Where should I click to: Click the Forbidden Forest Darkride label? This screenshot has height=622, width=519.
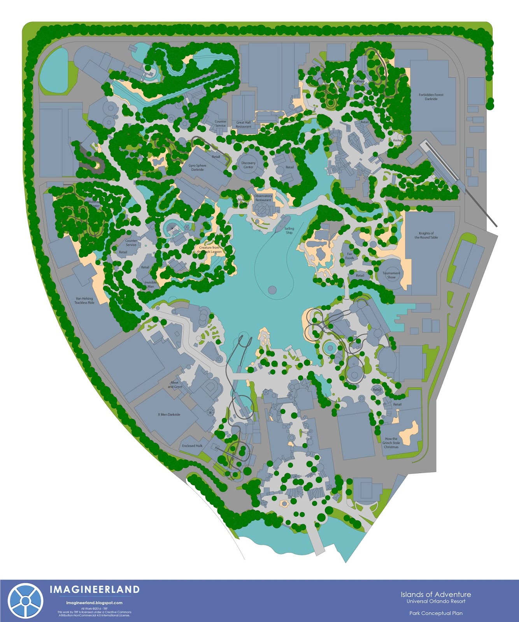click(431, 97)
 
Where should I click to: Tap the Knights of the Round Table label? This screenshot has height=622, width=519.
click(426, 235)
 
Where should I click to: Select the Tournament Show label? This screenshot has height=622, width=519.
click(391, 275)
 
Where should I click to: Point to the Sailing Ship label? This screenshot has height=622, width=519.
click(289, 231)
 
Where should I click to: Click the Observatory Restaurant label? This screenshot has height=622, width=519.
click(263, 198)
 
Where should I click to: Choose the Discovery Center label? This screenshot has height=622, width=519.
click(248, 165)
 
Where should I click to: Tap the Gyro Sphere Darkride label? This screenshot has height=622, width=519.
click(198, 168)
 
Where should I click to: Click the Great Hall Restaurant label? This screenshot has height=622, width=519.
click(244, 124)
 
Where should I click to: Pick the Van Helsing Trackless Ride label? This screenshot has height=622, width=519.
click(84, 301)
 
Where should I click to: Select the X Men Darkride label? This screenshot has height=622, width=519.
click(169, 414)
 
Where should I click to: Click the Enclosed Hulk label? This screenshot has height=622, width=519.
click(192, 446)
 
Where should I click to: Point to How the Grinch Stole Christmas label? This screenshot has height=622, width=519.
click(391, 443)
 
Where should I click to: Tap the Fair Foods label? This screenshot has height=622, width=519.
click(350, 256)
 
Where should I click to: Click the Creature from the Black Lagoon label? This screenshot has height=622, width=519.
click(209, 250)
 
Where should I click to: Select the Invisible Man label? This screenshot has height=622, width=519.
click(151, 285)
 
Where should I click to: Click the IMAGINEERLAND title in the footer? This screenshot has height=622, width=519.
click(95, 590)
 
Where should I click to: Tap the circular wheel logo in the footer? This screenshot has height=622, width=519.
click(25, 601)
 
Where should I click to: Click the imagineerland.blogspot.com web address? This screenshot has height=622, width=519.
click(95, 603)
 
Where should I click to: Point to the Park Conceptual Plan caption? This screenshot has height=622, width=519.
click(436, 613)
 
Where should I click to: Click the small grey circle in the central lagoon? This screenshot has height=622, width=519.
click(272, 290)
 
